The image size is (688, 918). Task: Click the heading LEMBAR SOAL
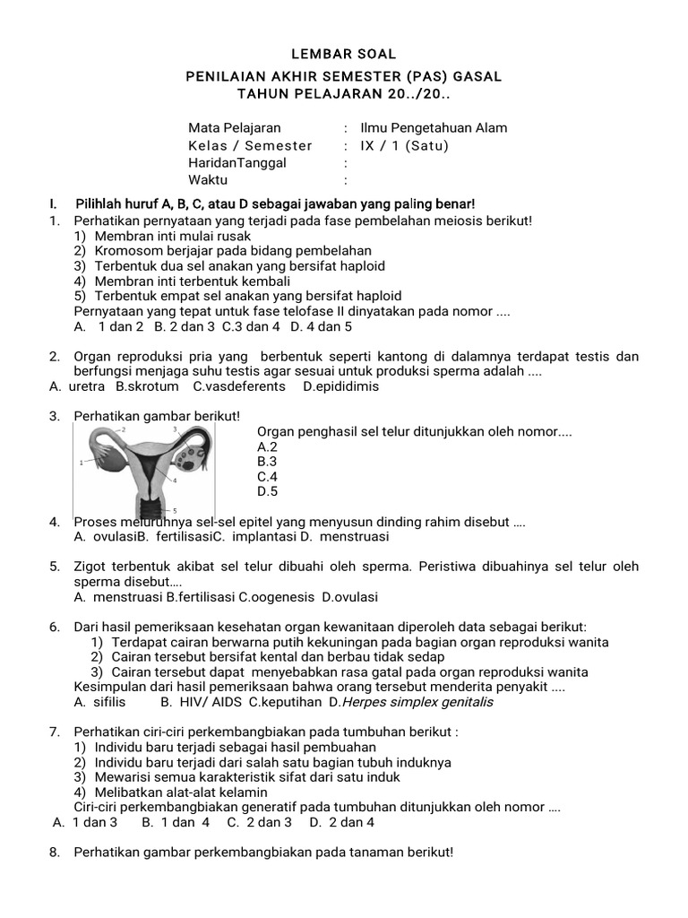tap(344, 55)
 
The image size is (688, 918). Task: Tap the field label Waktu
tap(208, 180)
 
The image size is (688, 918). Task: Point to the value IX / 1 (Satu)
tap(403, 145)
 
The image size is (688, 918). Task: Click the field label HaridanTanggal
tap(236, 162)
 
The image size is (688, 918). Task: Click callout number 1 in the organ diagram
tap(82, 463)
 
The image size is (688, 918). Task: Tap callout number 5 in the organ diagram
tap(176, 510)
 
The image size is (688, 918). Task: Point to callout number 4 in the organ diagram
tap(175, 481)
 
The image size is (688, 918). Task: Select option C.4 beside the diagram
tap(267, 477)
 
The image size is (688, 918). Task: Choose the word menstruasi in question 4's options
tap(357, 537)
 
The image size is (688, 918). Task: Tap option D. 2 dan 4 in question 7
tap(342, 821)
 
